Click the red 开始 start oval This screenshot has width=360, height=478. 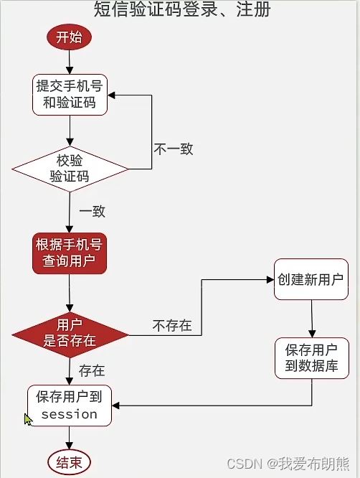click(69, 37)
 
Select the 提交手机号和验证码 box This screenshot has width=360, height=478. click(70, 95)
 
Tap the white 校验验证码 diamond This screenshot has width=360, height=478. click(70, 169)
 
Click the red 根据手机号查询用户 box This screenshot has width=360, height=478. click(70, 253)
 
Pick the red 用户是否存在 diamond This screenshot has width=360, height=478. click(70, 334)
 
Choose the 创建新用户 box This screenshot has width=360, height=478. click(311, 279)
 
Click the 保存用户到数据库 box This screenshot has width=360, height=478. click(311, 358)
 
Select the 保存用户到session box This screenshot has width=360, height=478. click(70, 406)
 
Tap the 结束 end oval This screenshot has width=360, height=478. click(69, 462)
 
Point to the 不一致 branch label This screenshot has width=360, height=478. click(174, 149)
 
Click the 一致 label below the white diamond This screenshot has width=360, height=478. click(93, 211)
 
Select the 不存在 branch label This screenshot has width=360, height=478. click(172, 326)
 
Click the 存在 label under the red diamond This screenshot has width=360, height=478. click(92, 370)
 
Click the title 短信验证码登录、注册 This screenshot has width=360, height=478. click(182, 9)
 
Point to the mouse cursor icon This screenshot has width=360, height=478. click(28, 419)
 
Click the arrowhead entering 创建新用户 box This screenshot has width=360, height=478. click(270, 279)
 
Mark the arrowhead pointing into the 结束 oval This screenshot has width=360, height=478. click(69, 446)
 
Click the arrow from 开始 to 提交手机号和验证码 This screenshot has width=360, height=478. click(70, 62)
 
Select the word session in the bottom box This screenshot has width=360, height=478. click(70, 415)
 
